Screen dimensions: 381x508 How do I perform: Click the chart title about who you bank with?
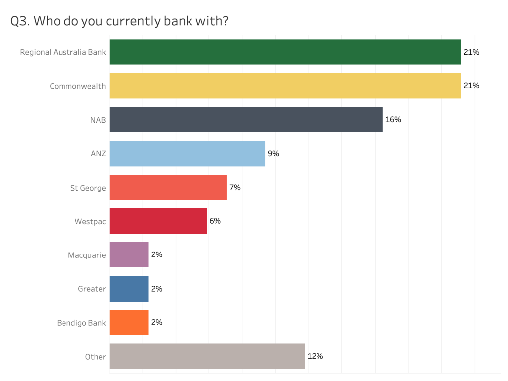[x=119, y=22]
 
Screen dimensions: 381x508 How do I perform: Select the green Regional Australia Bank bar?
[x=285, y=52]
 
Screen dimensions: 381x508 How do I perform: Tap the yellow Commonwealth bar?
[x=285, y=86]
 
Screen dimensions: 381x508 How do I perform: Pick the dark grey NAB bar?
[x=246, y=120]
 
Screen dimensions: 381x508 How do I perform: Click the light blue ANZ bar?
[x=187, y=153]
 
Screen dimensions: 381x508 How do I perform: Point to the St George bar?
[x=168, y=187]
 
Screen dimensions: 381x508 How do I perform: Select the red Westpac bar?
[x=158, y=221]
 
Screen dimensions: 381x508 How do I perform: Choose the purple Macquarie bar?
[x=129, y=254]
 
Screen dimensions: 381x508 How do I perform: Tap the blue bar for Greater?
[x=129, y=289]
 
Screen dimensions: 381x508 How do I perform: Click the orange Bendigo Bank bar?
[x=129, y=322]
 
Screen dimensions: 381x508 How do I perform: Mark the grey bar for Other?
[x=207, y=356]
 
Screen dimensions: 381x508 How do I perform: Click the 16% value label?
[x=393, y=120]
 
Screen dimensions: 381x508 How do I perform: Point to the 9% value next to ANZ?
[x=273, y=153]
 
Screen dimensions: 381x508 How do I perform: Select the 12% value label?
[x=315, y=356]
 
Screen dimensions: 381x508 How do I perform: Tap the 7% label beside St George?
[x=235, y=187]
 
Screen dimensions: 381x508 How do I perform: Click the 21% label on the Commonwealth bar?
[x=471, y=86]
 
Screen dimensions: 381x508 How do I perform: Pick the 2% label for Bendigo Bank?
[x=157, y=322]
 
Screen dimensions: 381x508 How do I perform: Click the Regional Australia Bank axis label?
[x=63, y=52]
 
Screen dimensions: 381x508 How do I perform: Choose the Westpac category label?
[x=90, y=221]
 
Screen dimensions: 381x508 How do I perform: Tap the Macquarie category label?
[x=87, y=255]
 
